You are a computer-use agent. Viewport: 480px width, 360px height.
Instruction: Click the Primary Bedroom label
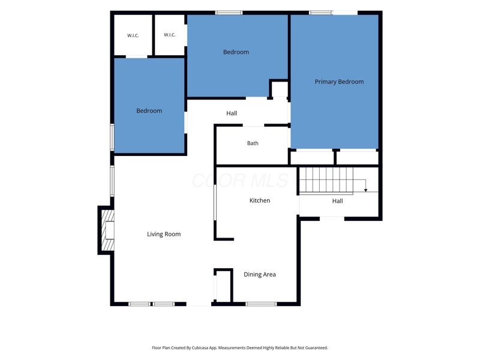tap(339, 82)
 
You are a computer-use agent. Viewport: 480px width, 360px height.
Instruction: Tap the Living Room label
tap(164, 234)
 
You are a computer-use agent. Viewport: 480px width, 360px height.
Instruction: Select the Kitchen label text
tap(260, 200)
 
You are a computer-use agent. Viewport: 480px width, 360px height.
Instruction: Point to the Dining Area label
tap(260, 275)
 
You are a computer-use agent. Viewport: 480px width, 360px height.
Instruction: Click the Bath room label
tap(253, 143)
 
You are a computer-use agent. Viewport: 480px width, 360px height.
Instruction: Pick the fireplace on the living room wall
tap(107, 230)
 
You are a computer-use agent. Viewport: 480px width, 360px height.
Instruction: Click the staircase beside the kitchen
tap(326, 181)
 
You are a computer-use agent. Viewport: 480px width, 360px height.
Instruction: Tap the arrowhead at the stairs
tap(365, 190)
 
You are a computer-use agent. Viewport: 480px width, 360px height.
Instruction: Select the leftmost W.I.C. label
tap(133, 35)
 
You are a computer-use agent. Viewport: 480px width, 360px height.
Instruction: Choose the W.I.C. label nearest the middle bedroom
tap(170, 35)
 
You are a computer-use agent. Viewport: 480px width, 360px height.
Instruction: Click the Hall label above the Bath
tap(232, 113)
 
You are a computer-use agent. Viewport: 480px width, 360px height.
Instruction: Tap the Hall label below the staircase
tap(337, 201)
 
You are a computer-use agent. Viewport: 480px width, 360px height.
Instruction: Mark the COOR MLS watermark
tap(241, 181)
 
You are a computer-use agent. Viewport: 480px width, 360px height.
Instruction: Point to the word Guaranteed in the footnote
tap(318, 348)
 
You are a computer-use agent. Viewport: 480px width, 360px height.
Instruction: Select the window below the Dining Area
tap(261, 304)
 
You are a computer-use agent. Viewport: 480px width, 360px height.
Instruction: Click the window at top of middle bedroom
tap(229, 13)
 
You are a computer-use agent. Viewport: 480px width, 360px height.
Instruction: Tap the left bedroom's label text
tap(149, 111)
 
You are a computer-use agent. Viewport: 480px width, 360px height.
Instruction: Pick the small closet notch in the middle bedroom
tap(278, 89)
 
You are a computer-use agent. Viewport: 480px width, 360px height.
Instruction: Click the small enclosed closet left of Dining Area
tap(223, 286)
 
